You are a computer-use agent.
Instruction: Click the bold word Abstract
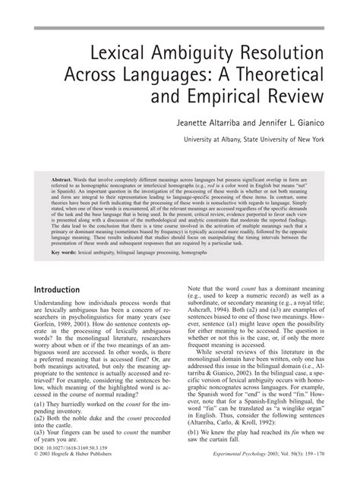click(x=55, y=165)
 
